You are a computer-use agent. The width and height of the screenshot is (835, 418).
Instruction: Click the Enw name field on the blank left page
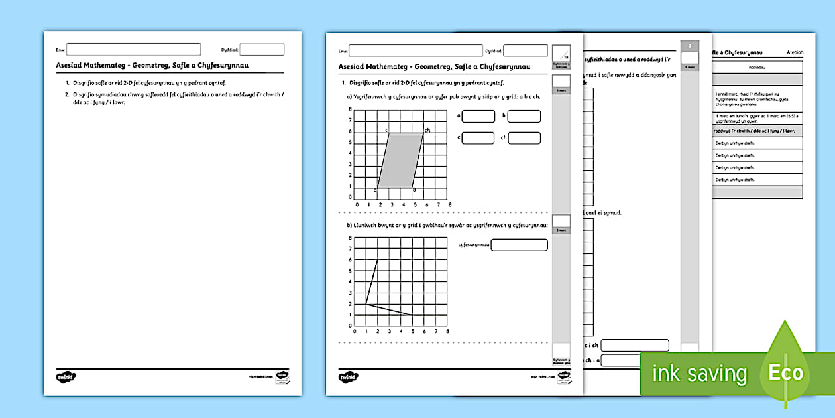[x=133, y=49]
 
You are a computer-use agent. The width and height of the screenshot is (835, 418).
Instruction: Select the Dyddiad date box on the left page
[x=262, y=49]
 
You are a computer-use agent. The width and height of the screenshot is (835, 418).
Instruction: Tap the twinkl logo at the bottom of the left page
[x=66, y=376]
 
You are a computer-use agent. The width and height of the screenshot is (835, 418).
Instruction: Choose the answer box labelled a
[x=478, y=117]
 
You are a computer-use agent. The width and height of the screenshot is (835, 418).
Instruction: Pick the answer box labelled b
[x=524, y=117]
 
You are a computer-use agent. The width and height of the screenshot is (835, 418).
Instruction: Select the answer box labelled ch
[x=524, y=138]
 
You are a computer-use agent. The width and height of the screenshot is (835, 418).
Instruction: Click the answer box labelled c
[x=478, y=138]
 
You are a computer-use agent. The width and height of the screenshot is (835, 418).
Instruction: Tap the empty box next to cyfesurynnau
[x=520, y=245]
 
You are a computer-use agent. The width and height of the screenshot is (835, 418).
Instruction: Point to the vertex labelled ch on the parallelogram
[x=423, y=133]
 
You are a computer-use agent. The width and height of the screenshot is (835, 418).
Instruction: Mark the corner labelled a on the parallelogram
[x=378, y=187]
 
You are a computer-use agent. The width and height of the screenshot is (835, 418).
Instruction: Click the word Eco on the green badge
[x=785, y=372]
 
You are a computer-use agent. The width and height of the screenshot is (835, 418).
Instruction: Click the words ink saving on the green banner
[x=699, y=374]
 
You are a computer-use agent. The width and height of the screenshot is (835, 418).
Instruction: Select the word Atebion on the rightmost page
[x=794, y=52]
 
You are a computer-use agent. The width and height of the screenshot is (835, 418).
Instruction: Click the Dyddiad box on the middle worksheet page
[x=526, y=50]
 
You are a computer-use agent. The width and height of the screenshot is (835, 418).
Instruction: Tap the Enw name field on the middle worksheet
[x=416, y=50]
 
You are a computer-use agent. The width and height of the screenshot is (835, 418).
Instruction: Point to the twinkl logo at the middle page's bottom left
[x=348, y=376]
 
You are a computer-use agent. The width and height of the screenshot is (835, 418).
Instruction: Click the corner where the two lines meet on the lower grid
[x=366, y=304]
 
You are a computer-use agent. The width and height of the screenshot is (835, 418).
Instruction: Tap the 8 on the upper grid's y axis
[x=351, y=120]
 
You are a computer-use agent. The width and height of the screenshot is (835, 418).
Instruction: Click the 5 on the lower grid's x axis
[x=412, y=332]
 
